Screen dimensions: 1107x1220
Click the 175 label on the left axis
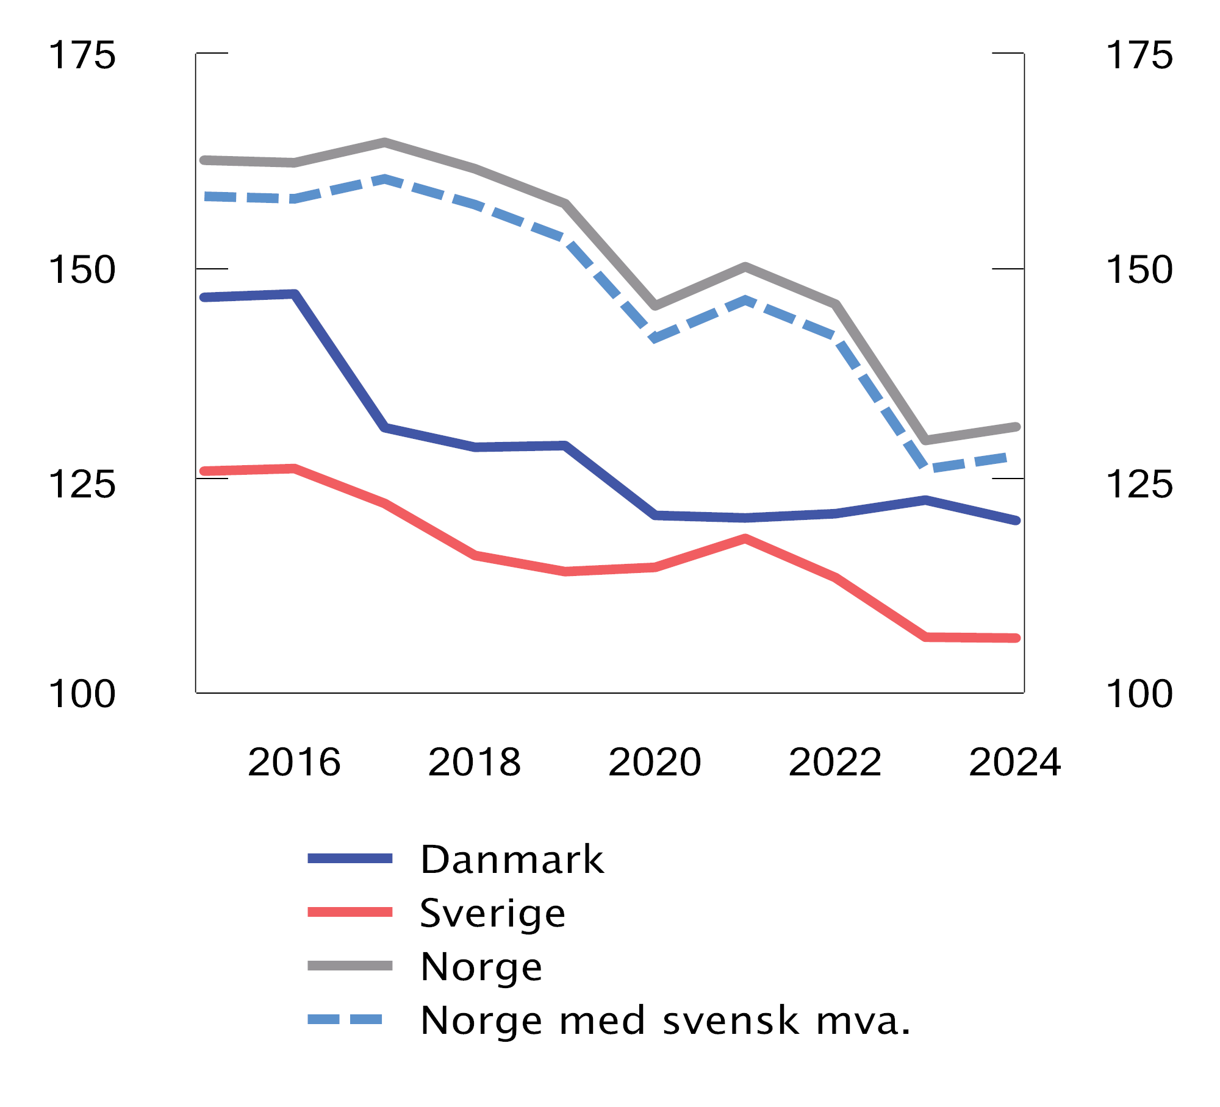click(82, 55)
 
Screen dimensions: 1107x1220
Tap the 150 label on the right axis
click(1139, 270)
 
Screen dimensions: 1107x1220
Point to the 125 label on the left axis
click(82, 485)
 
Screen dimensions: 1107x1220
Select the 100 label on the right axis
click(1139, 694)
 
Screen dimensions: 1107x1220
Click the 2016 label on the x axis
click(294, 762)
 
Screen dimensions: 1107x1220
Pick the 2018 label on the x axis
click(475, 762)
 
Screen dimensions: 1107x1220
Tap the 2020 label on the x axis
click(655, 762)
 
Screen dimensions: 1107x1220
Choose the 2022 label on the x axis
click(834, 762)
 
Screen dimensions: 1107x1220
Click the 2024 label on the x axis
click(1014, 762)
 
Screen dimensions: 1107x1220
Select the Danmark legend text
click(512, 860)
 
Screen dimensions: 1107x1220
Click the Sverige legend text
click(492, 913)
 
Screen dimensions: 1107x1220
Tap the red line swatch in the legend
click(350, 913)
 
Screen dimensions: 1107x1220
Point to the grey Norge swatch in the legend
click(350, 966)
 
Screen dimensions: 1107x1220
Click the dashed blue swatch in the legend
click(345, 1019)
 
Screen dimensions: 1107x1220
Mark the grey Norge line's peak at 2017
click(384, 143)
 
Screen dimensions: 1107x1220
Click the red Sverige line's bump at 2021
click(745, 539)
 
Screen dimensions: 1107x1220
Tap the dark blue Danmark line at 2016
click(295, 294)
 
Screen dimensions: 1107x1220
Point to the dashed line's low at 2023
click(926, 468)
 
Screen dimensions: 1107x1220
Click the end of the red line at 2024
click(1015, 638)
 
